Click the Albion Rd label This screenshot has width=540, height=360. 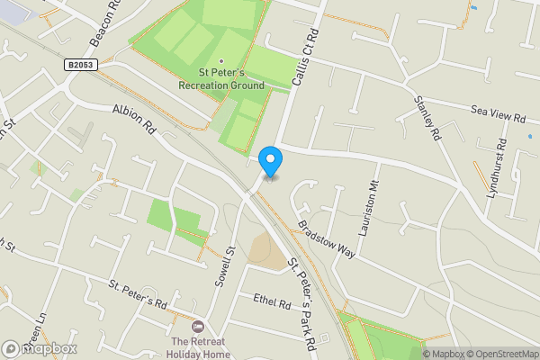pyautogui.click(x=135, y=119)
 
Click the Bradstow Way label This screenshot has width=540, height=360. pyautogui.click(x=326, y=239)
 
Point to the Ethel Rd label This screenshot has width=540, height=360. pyautogui.click(x=272, y=303)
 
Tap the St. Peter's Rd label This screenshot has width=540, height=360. pyautogui.click(x=139, y=293)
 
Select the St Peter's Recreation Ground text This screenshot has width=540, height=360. pyautogui.click(x=231, y=79)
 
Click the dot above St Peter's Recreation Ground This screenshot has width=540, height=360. pyautogui.click(x=221, y=61)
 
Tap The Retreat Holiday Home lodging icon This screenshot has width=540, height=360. pyautogui.click(x=199, y=326)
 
